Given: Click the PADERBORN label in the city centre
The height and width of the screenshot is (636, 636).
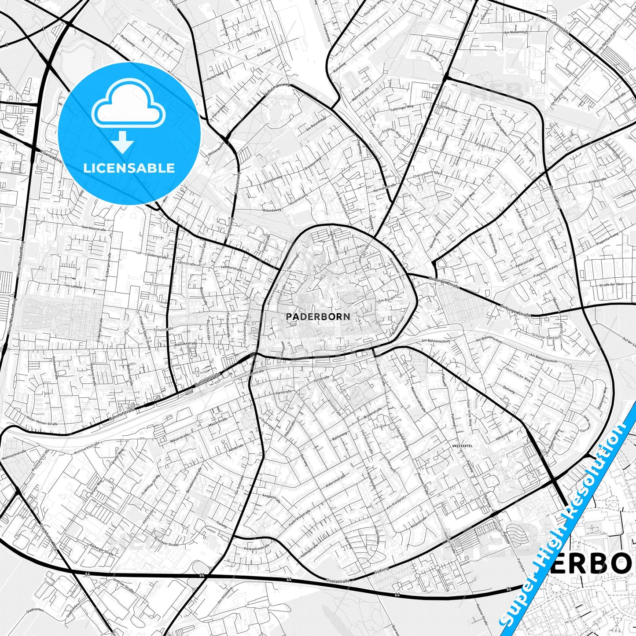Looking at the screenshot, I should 318,316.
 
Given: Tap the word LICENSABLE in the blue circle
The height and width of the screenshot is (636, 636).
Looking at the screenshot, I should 129,168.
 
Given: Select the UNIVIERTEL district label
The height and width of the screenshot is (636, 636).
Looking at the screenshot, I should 463,446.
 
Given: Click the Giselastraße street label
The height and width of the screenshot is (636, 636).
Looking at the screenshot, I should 338,581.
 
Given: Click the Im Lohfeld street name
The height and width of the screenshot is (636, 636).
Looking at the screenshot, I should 74,287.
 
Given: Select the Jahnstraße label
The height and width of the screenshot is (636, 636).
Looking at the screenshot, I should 185,263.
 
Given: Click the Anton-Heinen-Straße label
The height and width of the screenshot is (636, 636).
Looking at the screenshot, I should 42,421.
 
